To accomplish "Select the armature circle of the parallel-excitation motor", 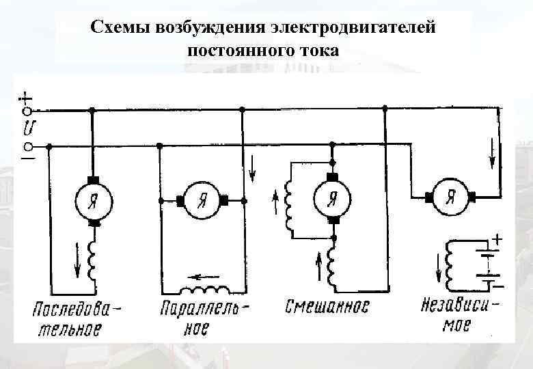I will coord(202,200).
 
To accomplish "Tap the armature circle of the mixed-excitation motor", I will coord(331,198).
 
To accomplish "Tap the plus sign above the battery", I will coord(497,240).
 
